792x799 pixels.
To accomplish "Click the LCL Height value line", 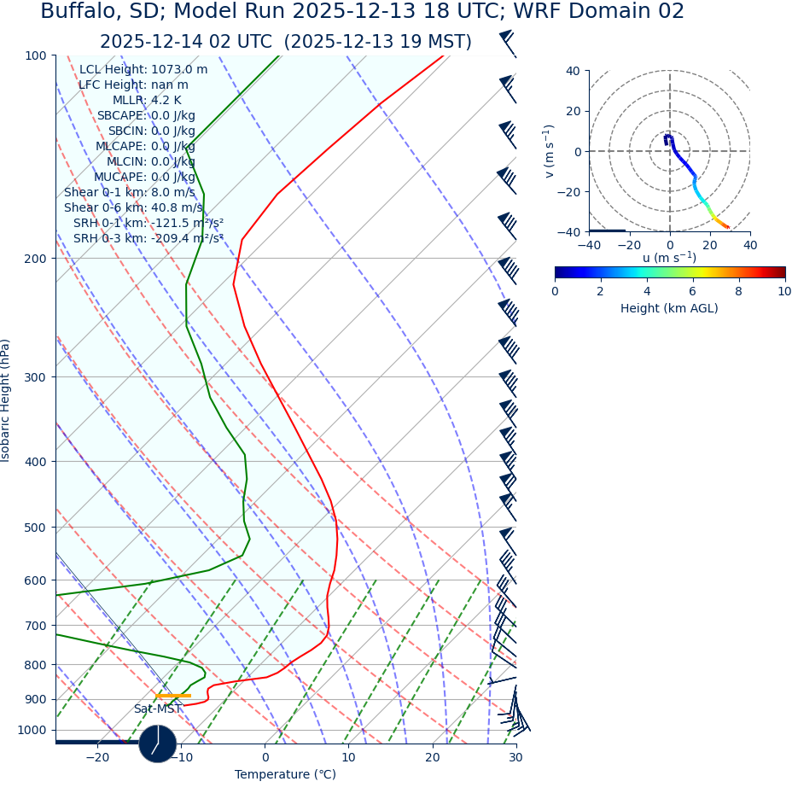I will coord(143,70).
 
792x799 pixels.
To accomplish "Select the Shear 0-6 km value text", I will coord(133,207).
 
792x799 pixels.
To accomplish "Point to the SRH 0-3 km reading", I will coord(148,238).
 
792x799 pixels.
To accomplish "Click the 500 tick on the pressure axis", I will coord(36,528).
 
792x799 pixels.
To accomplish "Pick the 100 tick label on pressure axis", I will coord(36,55).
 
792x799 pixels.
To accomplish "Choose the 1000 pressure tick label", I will coord(32,730).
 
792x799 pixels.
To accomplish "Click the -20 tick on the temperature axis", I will coord(97,757).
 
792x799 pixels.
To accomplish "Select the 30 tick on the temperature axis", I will coord(515,757).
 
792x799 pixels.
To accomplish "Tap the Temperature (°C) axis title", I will coord(285,774).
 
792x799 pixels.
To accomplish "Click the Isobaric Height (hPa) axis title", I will coord(6,400).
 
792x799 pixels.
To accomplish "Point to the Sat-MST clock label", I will coord(158,709).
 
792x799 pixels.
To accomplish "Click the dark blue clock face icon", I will coord(158,744).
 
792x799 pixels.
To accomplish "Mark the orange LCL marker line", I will coord(172,696).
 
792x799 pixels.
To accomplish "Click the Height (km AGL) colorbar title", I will coord(669,308).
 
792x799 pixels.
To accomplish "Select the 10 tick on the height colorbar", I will coord(784,291).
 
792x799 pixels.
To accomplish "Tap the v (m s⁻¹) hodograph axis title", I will coord(549,151).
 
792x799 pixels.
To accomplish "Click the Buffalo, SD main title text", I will coord(362,12).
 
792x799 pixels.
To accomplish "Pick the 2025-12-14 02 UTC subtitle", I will coord(285,42).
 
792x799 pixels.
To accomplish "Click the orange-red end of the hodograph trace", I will coord(726,227).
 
